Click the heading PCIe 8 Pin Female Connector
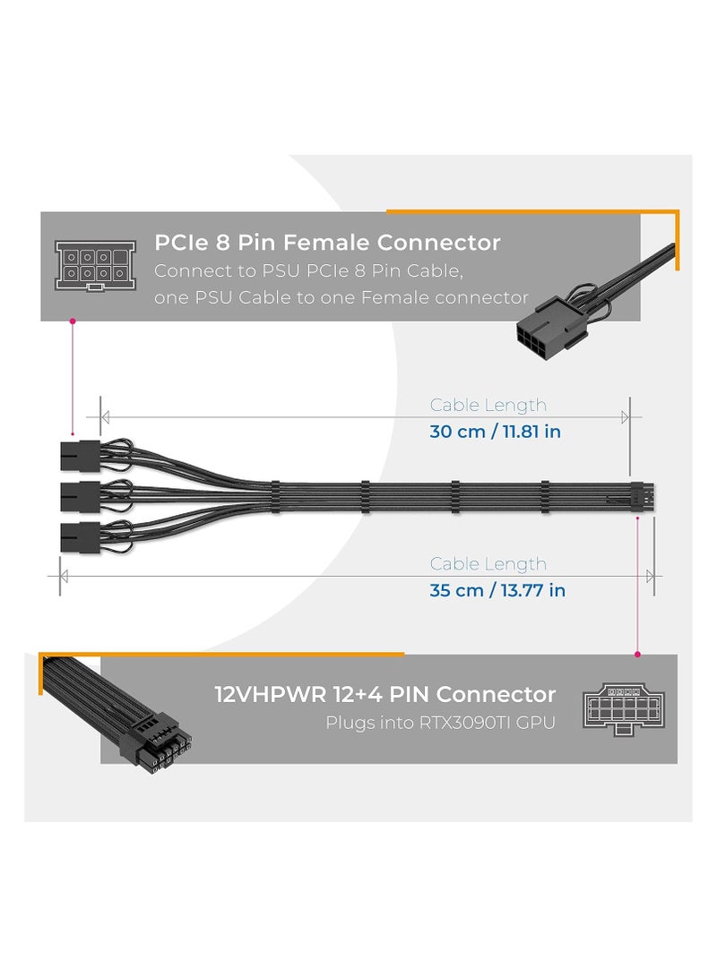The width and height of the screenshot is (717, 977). tap(327, 243)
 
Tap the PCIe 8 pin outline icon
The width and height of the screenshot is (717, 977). tap(94, 265)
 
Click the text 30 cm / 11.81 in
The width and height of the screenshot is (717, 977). tap(495, 432)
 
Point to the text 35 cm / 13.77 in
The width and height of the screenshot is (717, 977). tap(497, 590)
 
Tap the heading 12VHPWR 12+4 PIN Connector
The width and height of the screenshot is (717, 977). tap(385, 694)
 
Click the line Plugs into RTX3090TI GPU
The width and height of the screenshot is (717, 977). tap(439, 723)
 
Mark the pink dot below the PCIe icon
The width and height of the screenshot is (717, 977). tap(72, 320)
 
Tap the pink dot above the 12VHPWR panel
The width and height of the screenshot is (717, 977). tap(637, 654)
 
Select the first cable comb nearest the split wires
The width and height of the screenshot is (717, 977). tap(365, 495)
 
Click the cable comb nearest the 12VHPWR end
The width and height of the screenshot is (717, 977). tap(544, 495)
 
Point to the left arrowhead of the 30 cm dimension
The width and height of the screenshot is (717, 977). tap(105, 417)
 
